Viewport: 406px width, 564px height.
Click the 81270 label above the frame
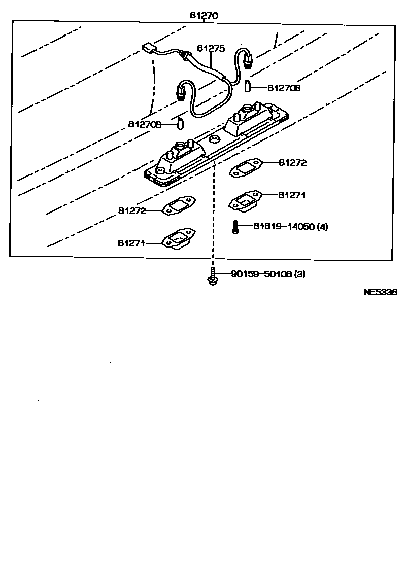click(204, 16)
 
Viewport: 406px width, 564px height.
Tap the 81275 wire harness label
click(211, 49)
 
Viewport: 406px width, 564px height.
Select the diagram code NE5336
click(380, 292)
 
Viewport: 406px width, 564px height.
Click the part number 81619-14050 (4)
click(290, 226)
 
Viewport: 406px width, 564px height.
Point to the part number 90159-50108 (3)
click(268, 274)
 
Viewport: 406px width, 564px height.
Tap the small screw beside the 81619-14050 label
click(235, 227)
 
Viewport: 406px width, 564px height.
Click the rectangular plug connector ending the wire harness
click(149, 49)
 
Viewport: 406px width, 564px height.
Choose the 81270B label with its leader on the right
click(284, 88)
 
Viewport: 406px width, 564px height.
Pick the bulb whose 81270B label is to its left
click(180, 123)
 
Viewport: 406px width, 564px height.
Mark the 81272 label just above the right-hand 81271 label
click(292, 163)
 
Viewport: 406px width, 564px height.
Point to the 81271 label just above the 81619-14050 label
click(292, 195)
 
